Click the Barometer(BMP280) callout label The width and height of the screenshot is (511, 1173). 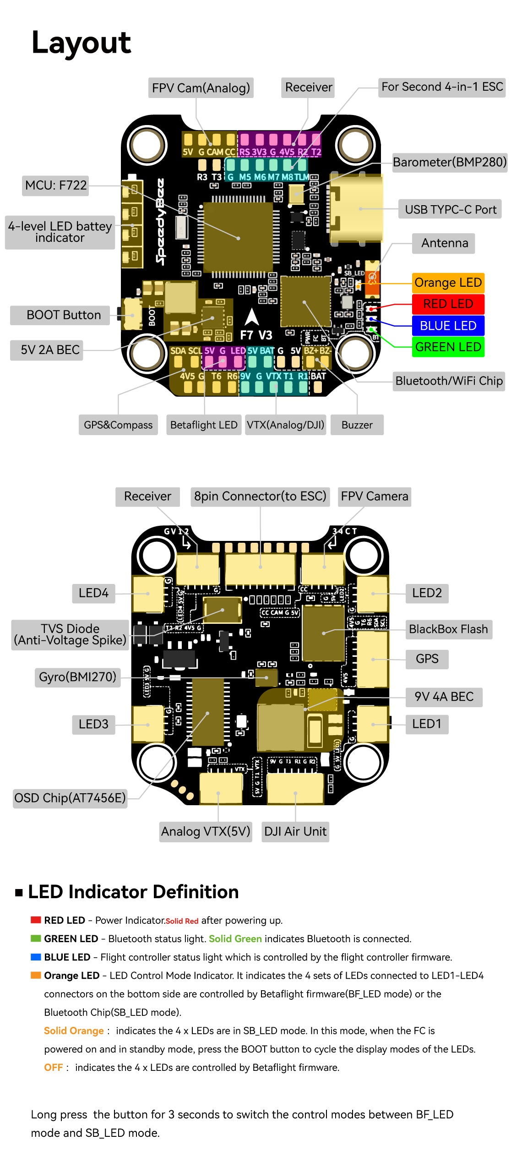click(x=450, y=162)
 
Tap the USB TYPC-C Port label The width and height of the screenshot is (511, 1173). click(x=450, y=209)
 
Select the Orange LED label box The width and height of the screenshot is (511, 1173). click(x=448, y=283)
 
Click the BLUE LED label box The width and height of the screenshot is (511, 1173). click(x=448, y=326)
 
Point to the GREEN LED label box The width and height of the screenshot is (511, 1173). click(x=448, y=347)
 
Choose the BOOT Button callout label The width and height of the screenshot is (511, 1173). click(x=64, y=315)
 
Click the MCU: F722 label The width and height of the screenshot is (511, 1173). click(x=56, y=185)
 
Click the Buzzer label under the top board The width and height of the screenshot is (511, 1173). click(x=357, y=425)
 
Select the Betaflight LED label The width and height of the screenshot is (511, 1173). click(x=204, y=425)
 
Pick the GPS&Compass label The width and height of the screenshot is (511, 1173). click(x=118, y=425)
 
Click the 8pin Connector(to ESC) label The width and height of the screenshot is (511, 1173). click(x=260, y=496)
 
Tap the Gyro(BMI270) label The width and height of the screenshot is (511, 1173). click(x=77, y=677)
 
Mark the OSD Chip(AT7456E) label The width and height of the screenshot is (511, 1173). click(x=70, y=798)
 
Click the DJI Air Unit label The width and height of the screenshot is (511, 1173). click(x=295, y=831)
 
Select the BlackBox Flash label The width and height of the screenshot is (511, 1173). click(x=448, y=629)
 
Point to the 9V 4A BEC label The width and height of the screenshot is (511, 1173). click(x=444, y=697)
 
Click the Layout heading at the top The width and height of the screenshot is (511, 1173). click(x=81, y=43)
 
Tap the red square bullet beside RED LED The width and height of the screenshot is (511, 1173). click(x=36, y=920)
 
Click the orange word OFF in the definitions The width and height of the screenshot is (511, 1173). click(x=53, y=1068)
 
